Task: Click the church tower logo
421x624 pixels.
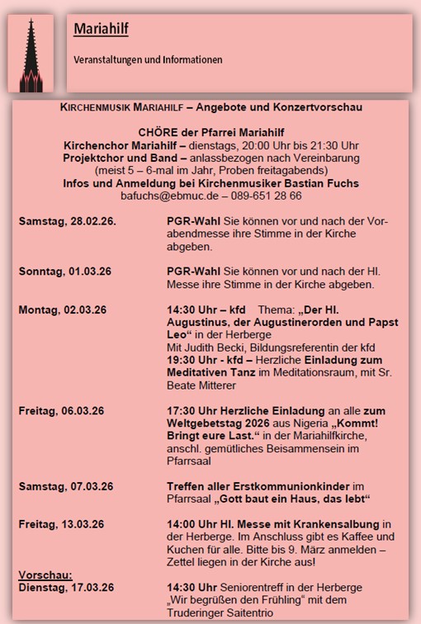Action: click(x=31, y=54)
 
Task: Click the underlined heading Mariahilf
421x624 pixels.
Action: click(x=101, y=30)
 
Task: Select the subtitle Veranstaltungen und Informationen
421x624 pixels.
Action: click(x=148, y=60)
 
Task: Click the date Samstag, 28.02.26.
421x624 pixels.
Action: click(x=68, y=222)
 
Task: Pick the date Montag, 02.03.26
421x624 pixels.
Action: click(x=63, y=310)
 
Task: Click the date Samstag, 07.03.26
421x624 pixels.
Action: click(x=66, y=486)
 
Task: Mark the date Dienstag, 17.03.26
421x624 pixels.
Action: click(x=66, y=588)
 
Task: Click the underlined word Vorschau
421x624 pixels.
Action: click(x=45, y=575)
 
